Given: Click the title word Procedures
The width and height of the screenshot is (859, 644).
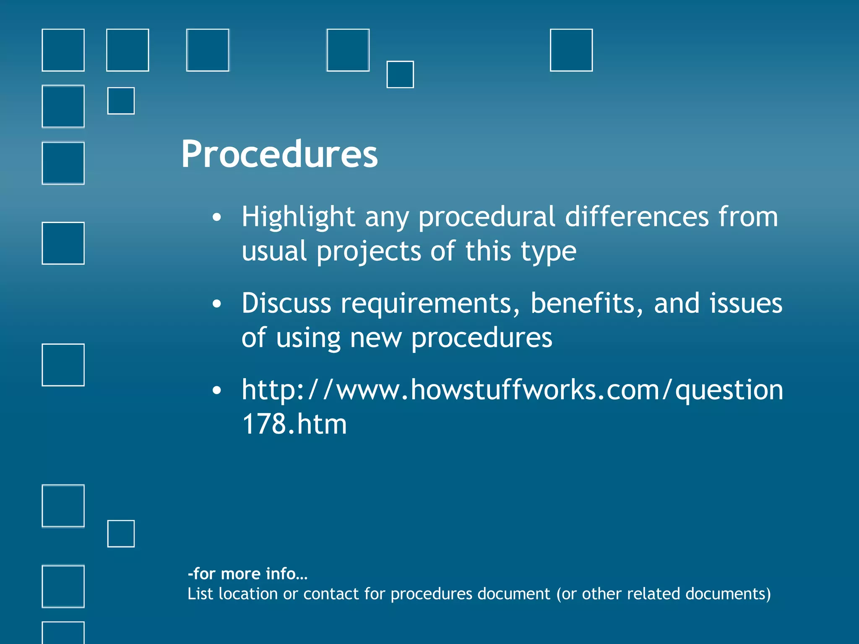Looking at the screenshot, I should (x=279, y=154).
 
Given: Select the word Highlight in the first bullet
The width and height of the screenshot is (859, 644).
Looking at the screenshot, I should (x=298, y=217).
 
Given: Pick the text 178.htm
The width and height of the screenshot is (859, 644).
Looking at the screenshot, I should (x=294, y=424).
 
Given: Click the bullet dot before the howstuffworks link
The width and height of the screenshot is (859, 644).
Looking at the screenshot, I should (x=216, y=390).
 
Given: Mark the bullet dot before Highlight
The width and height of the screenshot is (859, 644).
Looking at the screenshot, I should (x=216, y=217).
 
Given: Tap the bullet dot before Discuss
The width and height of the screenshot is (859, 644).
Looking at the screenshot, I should (x=216, y=304).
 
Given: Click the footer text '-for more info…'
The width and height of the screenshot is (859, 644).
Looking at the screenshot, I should (x=247, y=574).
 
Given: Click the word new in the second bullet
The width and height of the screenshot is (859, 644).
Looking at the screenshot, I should (x=375, y=338).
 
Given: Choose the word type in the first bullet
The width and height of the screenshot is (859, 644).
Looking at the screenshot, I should (x=548, y=252).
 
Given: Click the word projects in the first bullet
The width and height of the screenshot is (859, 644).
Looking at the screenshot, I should (x=369, y=252).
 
